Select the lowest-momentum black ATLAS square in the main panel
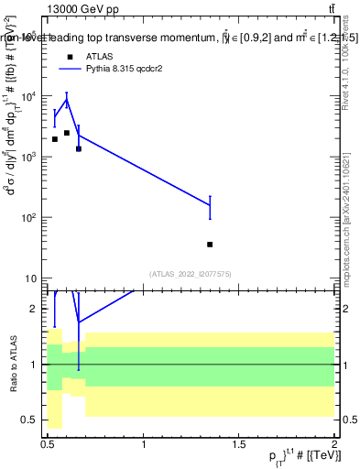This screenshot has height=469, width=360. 55,139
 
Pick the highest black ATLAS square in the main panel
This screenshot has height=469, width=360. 67,133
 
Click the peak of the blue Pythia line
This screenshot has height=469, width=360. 67,100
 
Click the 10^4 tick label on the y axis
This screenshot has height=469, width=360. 30,96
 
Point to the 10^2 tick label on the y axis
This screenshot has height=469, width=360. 30,218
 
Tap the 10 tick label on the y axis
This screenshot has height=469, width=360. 32,278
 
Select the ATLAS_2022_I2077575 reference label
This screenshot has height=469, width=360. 191,273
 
